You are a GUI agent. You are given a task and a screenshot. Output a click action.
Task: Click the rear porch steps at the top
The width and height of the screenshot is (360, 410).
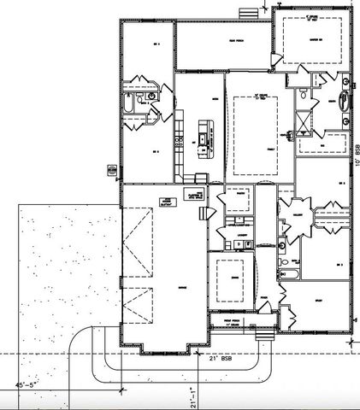(x=246, y=13)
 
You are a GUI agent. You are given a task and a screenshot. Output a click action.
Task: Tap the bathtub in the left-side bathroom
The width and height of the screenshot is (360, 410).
(x=128, y=105)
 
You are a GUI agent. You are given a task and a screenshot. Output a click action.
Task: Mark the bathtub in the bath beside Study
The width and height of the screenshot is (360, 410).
(x=288, y=274)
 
